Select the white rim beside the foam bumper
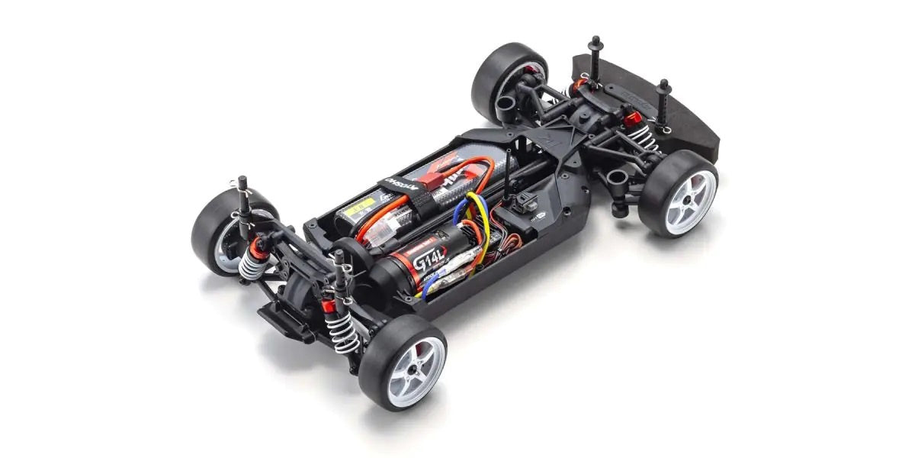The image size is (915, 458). [x=690, y=200]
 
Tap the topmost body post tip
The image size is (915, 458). [x=594, y=40]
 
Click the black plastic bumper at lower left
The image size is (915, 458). [x=284, y=321]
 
